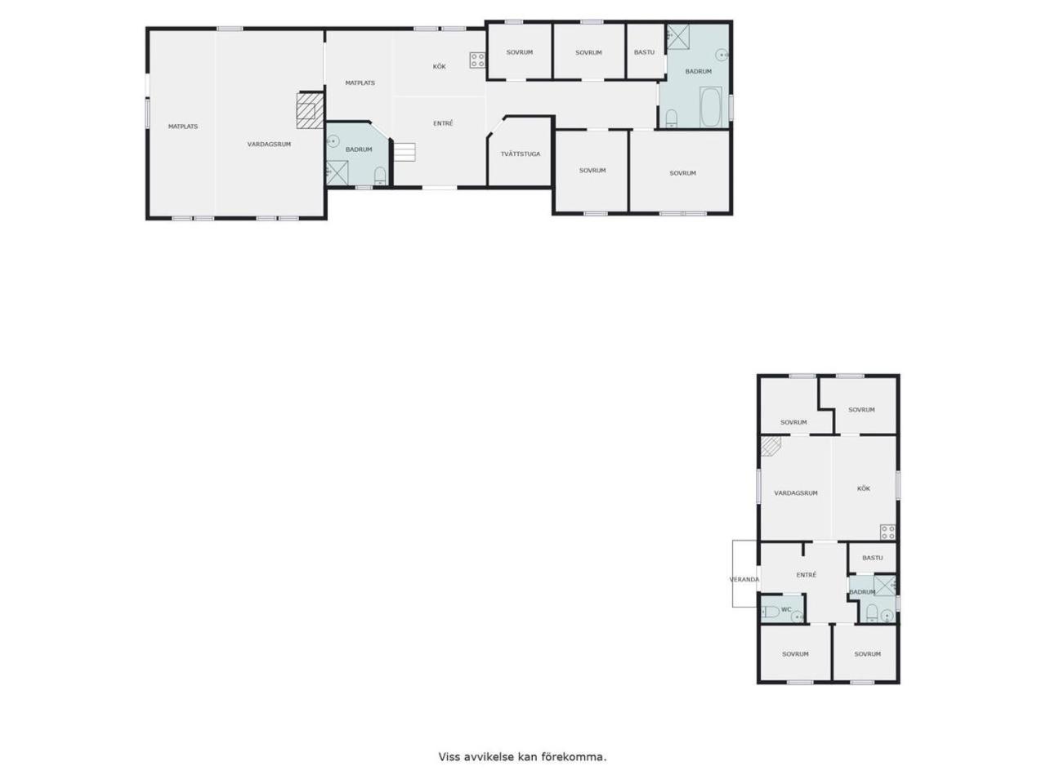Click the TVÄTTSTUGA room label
pyautogui.click(x=520, y=154)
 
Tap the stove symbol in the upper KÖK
pyautogui.click(x=477, y=60)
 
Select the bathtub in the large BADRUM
pyautogui.click(x=709, y=108)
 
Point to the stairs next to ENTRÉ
pyautogui.click(x=405, y=152)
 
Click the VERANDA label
pyautogui.click(x=744, y=579)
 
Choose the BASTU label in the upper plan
pyautogui.click(x=644, y=52)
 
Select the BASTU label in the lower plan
pyautogui.click(x=872, y=558)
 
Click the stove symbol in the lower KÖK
pyautogui.click(x=887, y=532)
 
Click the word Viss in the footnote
pyautogui.click(x=449, y=756)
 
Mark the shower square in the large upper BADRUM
pyautogui.click(x=677, y=37)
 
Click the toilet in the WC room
pyautogui.click(x=770, y=611)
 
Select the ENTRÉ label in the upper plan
pyautogui.click(x=443, y=123)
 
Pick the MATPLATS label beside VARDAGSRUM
pyautogui.click(x=183, y=127)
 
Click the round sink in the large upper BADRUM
pyautogui.click(x=722, y=55)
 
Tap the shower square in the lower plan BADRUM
pyautogui.click(x=884, y=586)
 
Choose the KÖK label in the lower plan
pyautogui.click(x=863, y=488)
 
